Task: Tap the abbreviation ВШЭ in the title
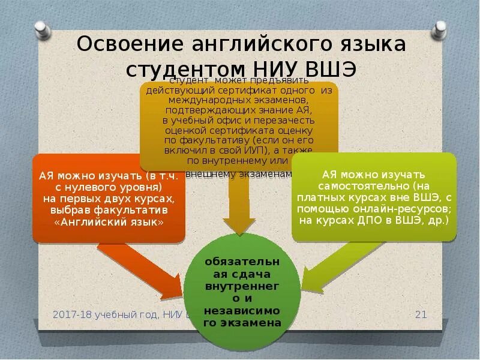[331, 68]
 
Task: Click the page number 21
[421, 314]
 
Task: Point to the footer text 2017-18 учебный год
[106, 314]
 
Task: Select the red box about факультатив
[109, 198]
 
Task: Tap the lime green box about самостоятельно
[374, 197]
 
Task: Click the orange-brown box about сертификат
[239, 126]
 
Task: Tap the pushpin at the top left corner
[41, 28]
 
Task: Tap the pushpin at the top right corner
[441, 28]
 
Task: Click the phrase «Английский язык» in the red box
[109, 221]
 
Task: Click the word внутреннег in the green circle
[241, 287]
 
